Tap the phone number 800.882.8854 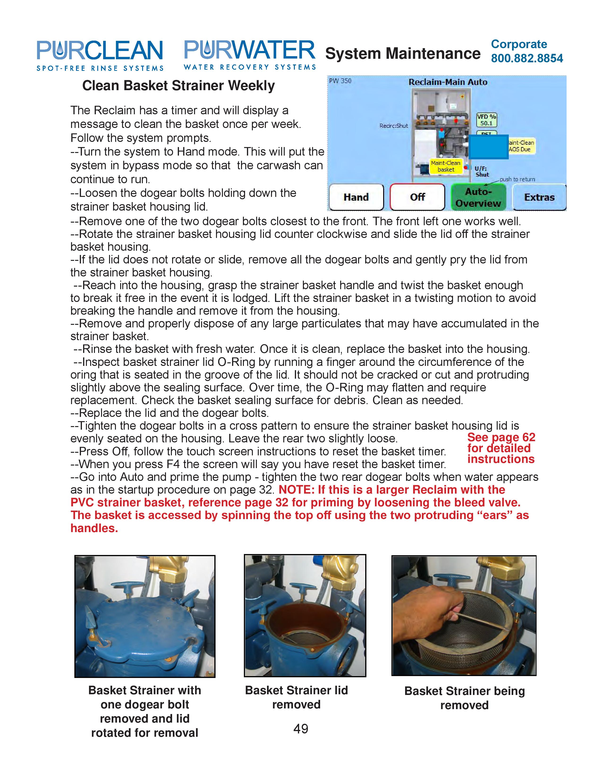tap(527, 58)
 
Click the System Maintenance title tap(403, 54)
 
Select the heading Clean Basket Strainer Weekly tap(178, 86)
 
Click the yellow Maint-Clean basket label tap(445, 166)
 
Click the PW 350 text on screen tap(340, 81)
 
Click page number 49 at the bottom tap(301, 728)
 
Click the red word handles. tap(94, 528)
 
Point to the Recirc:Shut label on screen tap(394, 126)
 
